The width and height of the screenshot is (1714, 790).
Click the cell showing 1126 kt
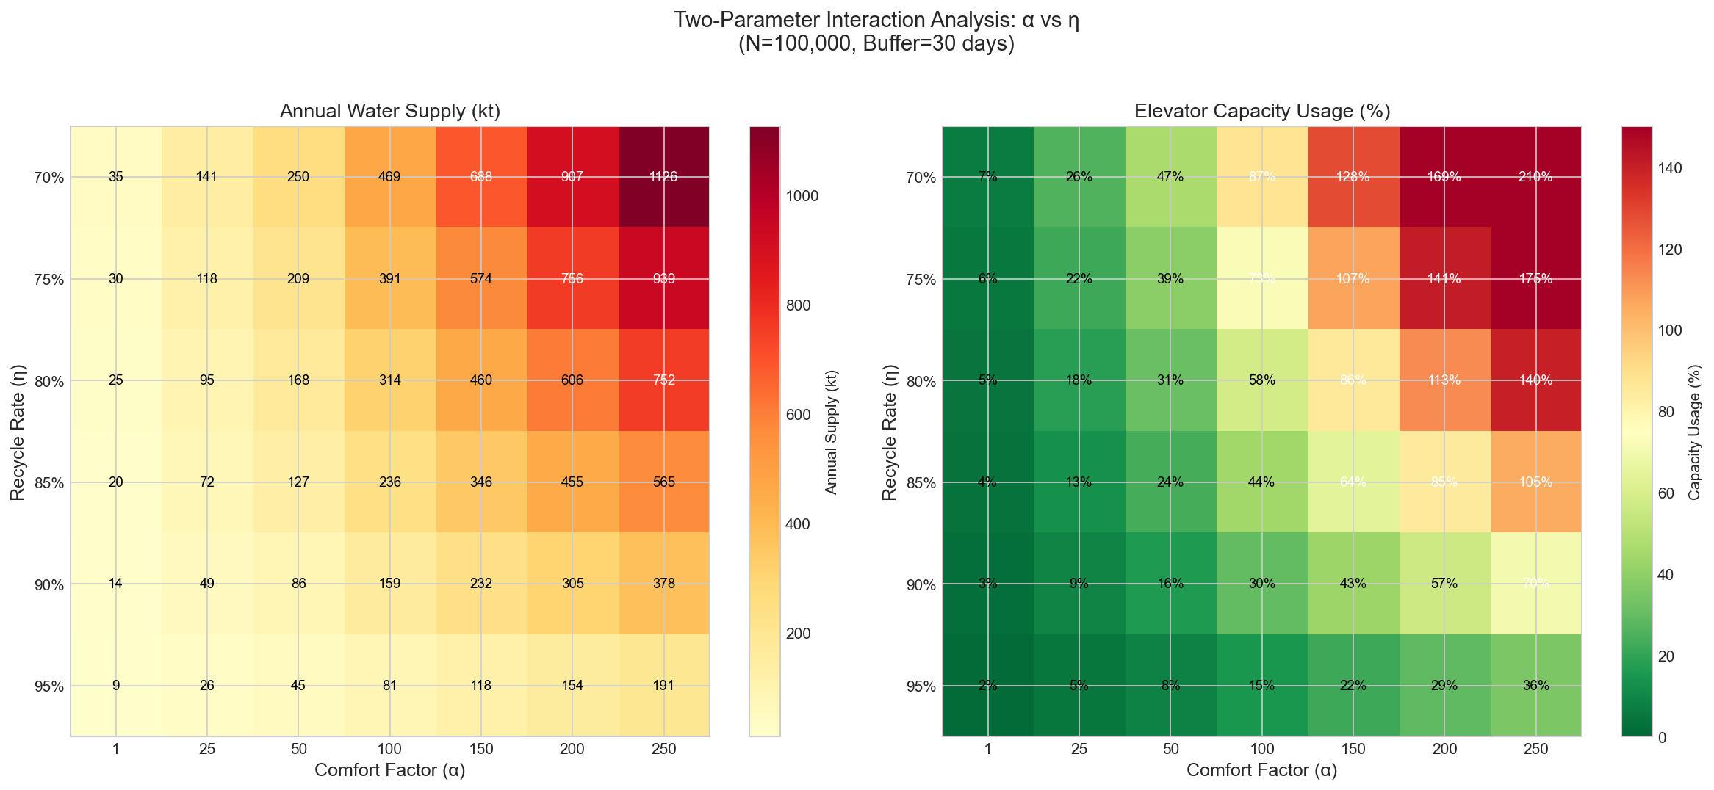tap(664, 177)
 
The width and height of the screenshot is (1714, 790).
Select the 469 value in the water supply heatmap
tap(389, 177)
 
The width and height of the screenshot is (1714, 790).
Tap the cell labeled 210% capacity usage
tap(1536, 177)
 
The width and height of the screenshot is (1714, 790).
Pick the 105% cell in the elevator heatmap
tap(1536, 482)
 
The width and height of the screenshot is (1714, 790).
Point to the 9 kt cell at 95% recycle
tap(115, 686)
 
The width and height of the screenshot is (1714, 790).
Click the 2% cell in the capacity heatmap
tap(988, 686)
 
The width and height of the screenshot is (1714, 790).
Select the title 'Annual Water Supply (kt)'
tap(389, 112)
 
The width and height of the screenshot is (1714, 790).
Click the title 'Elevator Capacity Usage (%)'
tap(1262, 112)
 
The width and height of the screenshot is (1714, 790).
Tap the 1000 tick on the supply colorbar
tap(804, 196)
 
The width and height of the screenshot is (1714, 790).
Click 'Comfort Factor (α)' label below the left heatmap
tap(389, 770)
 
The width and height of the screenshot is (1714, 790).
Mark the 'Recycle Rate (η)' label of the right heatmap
tap(890, 431)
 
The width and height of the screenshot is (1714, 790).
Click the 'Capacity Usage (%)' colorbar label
tap(1694, 431)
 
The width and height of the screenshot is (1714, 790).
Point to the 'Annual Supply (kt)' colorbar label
tap(831, 431)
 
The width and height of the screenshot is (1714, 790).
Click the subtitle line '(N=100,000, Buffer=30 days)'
tap(876, 45)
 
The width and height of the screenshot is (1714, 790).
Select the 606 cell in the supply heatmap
tap(572, 380)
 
